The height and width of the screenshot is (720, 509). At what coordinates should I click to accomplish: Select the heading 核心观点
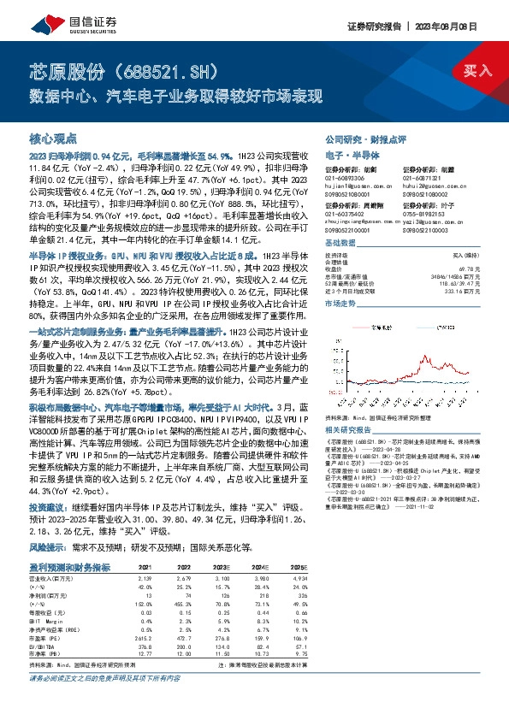click(53, 137)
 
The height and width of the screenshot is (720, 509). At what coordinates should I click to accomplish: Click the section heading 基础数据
click(339, 243)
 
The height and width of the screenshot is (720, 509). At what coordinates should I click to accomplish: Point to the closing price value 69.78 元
click(466, 268)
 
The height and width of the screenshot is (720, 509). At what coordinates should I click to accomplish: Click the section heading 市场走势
click(339, 303)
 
